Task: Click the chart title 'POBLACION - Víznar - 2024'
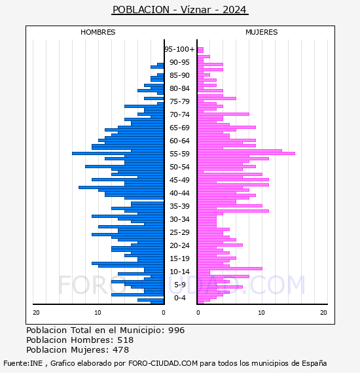(179, 10)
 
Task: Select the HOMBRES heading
(98, 32)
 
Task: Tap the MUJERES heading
(262, 32)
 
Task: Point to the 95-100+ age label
(179, 49)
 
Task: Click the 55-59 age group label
(179, 154)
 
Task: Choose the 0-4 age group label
(179, 298)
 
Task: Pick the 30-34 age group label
(179, 219)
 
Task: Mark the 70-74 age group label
(179, 115)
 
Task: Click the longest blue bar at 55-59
(118, 153)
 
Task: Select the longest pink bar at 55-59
(247, 153)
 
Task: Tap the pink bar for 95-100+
(200, 50)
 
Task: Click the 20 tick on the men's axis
(36, 313)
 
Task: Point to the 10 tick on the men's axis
(98, 313)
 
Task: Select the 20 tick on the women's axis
(323, 313)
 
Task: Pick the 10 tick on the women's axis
(261, 313)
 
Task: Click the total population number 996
(176, 330)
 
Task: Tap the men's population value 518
(126, 340)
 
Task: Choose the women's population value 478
(120, 349)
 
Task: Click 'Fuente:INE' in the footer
(23, 363)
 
